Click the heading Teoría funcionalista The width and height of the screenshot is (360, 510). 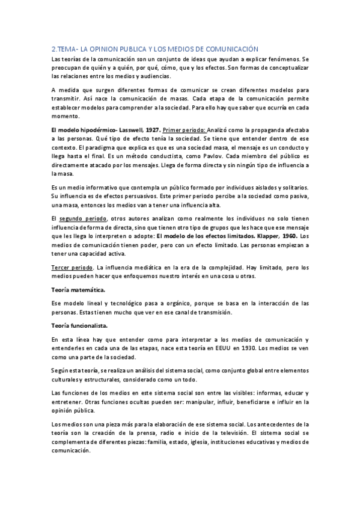pyautogui.click(x=79, y=325)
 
